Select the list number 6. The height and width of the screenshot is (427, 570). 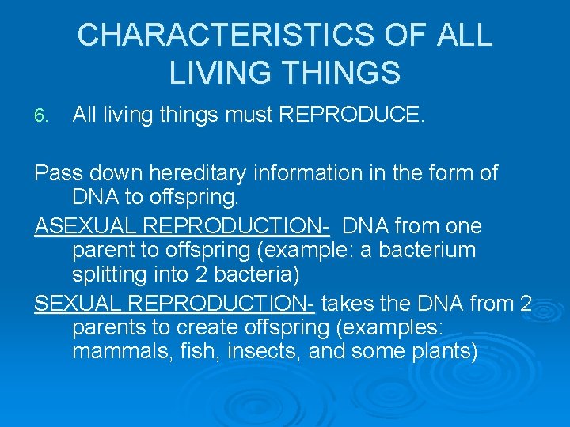tap(41, 117)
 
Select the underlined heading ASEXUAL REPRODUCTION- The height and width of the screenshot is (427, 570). tap(182, 226)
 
